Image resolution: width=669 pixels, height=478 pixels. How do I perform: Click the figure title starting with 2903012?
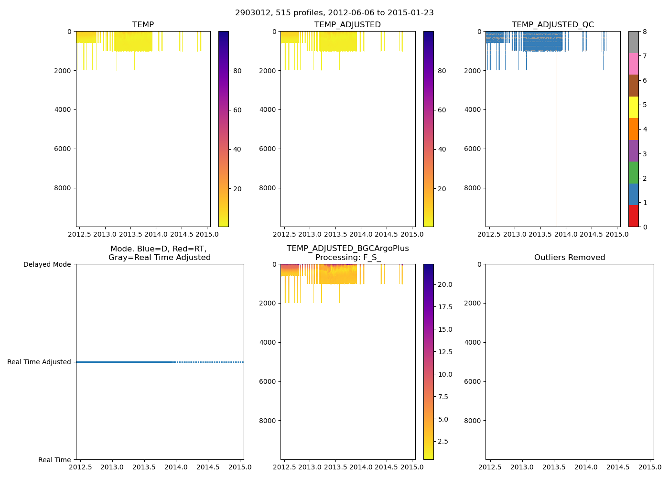coord(334,13)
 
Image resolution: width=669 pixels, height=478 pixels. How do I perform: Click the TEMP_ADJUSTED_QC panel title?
coord(553,25)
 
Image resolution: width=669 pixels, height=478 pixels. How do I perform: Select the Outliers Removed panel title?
coord(570,258)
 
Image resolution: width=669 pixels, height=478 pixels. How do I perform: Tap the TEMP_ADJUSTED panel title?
coord(347,25)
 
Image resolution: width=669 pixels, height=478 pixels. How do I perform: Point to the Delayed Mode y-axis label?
coord(47,264)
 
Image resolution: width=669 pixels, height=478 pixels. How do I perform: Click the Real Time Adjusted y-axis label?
coord(39,362)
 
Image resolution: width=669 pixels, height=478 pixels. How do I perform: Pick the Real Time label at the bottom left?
coord(54,460)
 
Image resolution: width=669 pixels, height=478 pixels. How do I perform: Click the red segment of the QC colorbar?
coord(633,216)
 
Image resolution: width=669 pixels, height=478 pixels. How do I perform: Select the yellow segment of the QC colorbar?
coord(633,107)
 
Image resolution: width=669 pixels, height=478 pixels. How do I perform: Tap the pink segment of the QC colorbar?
coord(633,64)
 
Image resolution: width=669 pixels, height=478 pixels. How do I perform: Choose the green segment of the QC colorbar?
coord(633,173)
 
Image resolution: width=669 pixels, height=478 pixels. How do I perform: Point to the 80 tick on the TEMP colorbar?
coord(237,71)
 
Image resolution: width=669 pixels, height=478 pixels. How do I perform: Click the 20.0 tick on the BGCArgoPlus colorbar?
coord(445,284)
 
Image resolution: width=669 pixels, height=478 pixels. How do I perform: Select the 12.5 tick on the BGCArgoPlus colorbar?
coord(445,352)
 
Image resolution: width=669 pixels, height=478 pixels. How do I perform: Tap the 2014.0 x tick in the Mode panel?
coord(176,467)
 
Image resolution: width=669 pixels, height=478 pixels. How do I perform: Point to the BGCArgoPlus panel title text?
coord(347,253)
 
